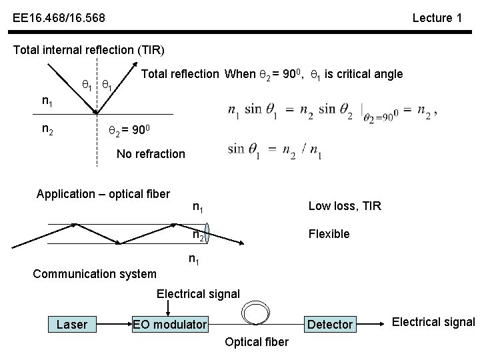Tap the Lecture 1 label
click(437, 18)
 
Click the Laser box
click(72, 324)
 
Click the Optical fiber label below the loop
click(257, 342)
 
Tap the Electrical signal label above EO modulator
click(198, 293)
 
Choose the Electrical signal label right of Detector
click(433, 323)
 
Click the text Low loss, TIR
click(345, 206)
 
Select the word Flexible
click(328, 234)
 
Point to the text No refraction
click(151, 154)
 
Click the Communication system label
click(95, 273)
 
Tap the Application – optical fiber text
click(103, 194)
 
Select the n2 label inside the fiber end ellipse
click(198, 235)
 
